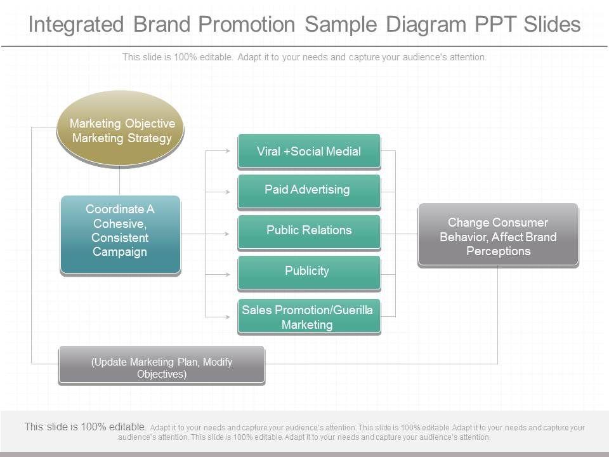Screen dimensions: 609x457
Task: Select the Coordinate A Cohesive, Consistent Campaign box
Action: pos(121,234)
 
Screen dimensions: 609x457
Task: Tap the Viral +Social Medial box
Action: pos(309,151)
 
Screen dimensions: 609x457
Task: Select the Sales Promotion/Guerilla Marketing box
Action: pos(309,316)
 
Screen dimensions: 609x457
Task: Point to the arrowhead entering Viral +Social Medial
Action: pos(229,151)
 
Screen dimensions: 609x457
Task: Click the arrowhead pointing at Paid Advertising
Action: pos(229,191)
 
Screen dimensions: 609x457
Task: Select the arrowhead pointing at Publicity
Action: pos(229,275)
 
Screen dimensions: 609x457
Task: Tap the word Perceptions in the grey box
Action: pos(498,251)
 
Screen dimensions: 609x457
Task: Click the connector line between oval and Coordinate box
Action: pos(120,180)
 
